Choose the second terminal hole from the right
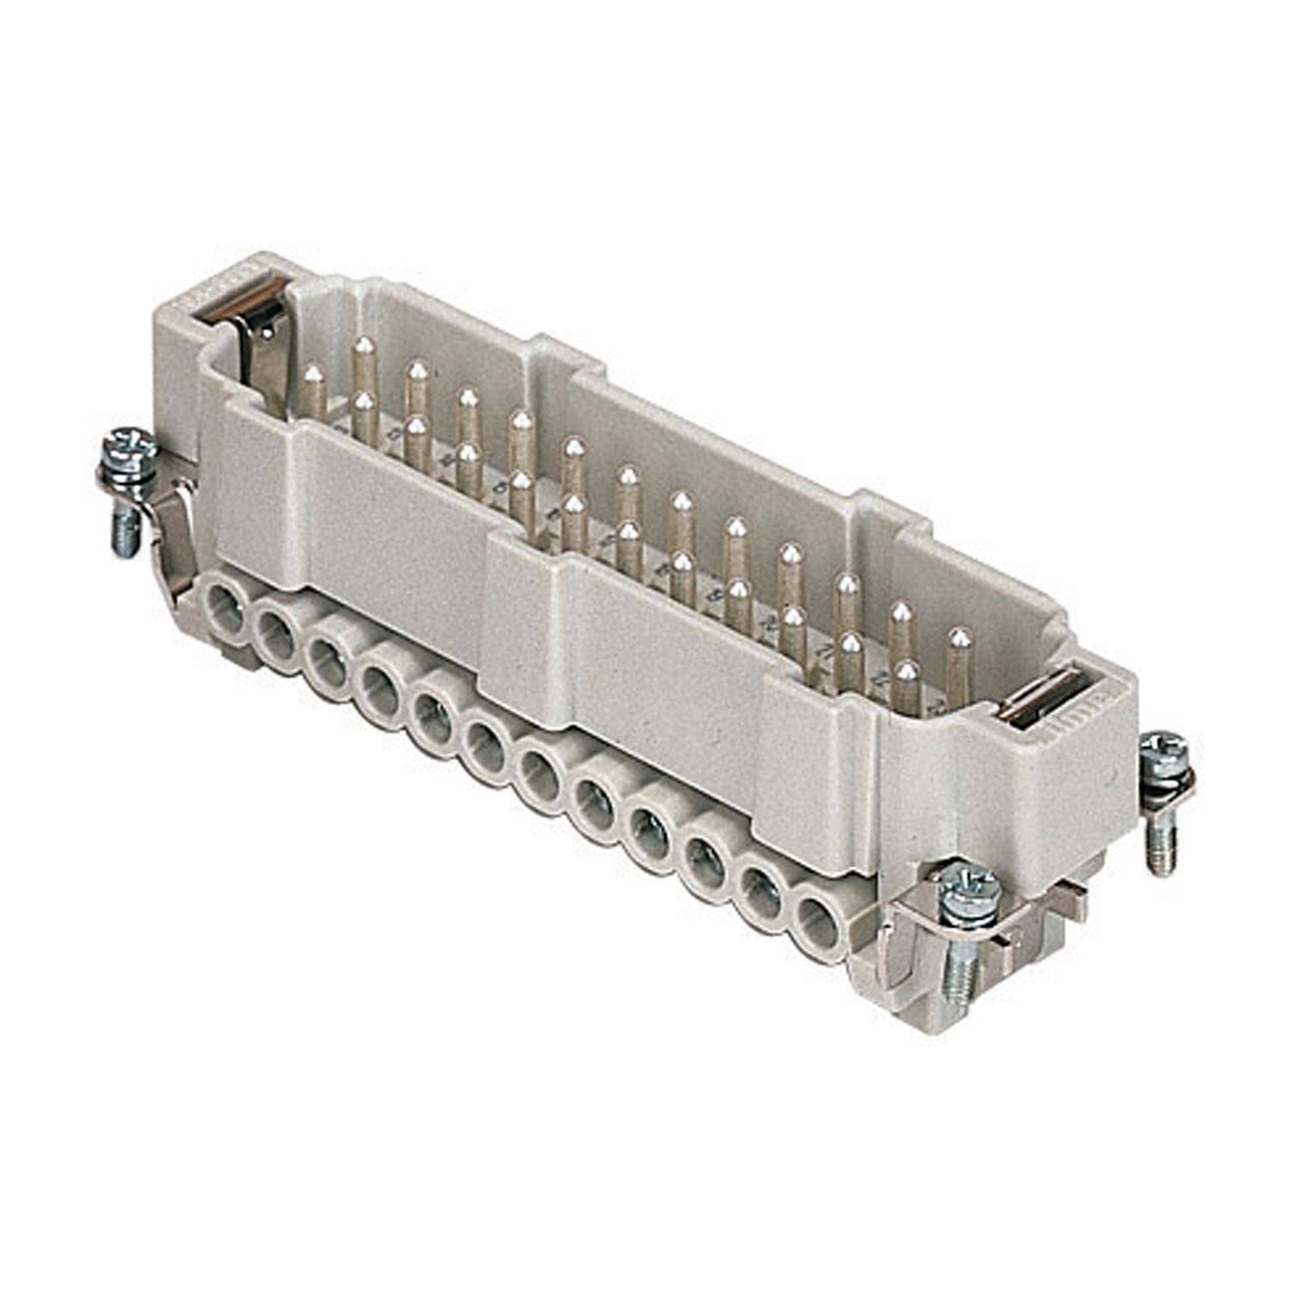tap(759, 891)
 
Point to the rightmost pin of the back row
tap(958, 663)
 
